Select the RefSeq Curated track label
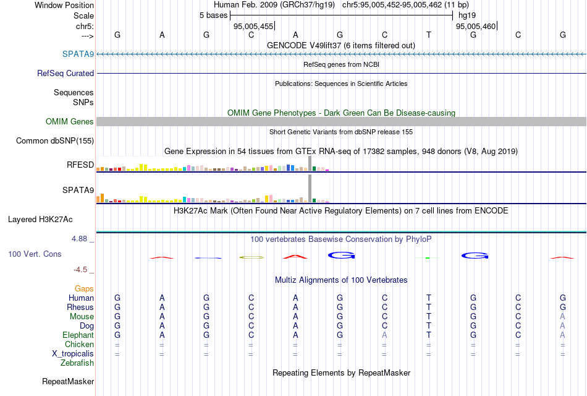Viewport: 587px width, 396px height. (65, 73)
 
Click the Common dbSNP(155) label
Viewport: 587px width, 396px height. (55, 141)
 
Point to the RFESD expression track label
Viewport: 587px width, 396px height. (80, 165)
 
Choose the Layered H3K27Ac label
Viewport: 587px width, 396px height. (40, 219)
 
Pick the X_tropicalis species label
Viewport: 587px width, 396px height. (73, 353)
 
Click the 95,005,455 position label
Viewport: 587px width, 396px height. (253, 26)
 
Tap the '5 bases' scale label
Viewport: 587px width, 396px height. (213, 15)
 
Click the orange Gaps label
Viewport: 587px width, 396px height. (84, 288)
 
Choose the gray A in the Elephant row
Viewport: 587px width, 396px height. (384, 335)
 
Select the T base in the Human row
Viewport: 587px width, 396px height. (429, 298)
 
